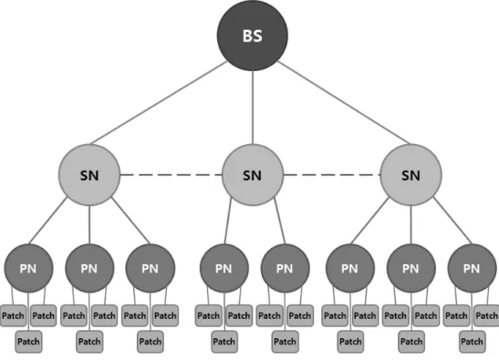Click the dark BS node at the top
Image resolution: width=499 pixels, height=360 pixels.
pos(253,36)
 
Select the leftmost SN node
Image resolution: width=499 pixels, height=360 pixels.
pos(89,175)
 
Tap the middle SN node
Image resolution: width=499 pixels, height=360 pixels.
pos(253,175)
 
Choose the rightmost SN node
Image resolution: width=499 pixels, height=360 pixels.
pos(411,175)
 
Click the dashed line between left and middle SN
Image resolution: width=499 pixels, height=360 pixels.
pos(171,175)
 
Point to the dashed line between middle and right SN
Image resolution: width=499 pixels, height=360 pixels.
pos(332,175)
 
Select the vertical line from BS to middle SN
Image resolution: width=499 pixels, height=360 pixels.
pos(253,108)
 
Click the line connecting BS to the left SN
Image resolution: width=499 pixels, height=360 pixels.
pos(159,103)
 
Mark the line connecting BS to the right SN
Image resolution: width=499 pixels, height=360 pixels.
pos(344,103)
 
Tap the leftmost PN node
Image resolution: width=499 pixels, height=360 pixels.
pos(28,268)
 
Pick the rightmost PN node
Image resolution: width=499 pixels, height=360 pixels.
pos(472,268)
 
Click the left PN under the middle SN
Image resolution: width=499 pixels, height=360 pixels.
pos(224,268)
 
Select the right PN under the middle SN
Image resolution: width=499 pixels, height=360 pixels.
pos(285,268)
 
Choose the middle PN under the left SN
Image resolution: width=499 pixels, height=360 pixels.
pos(89,268)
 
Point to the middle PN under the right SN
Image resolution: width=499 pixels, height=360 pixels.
pos(411,268)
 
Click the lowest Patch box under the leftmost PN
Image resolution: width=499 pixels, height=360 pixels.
pos(28,342)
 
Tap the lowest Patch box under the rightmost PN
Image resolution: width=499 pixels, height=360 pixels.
pos(473,342)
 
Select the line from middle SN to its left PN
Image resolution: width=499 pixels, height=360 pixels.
pos(228,221)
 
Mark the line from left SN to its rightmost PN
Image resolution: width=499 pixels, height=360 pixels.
pos(130,221)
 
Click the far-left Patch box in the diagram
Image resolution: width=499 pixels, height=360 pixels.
pos(13,315)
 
